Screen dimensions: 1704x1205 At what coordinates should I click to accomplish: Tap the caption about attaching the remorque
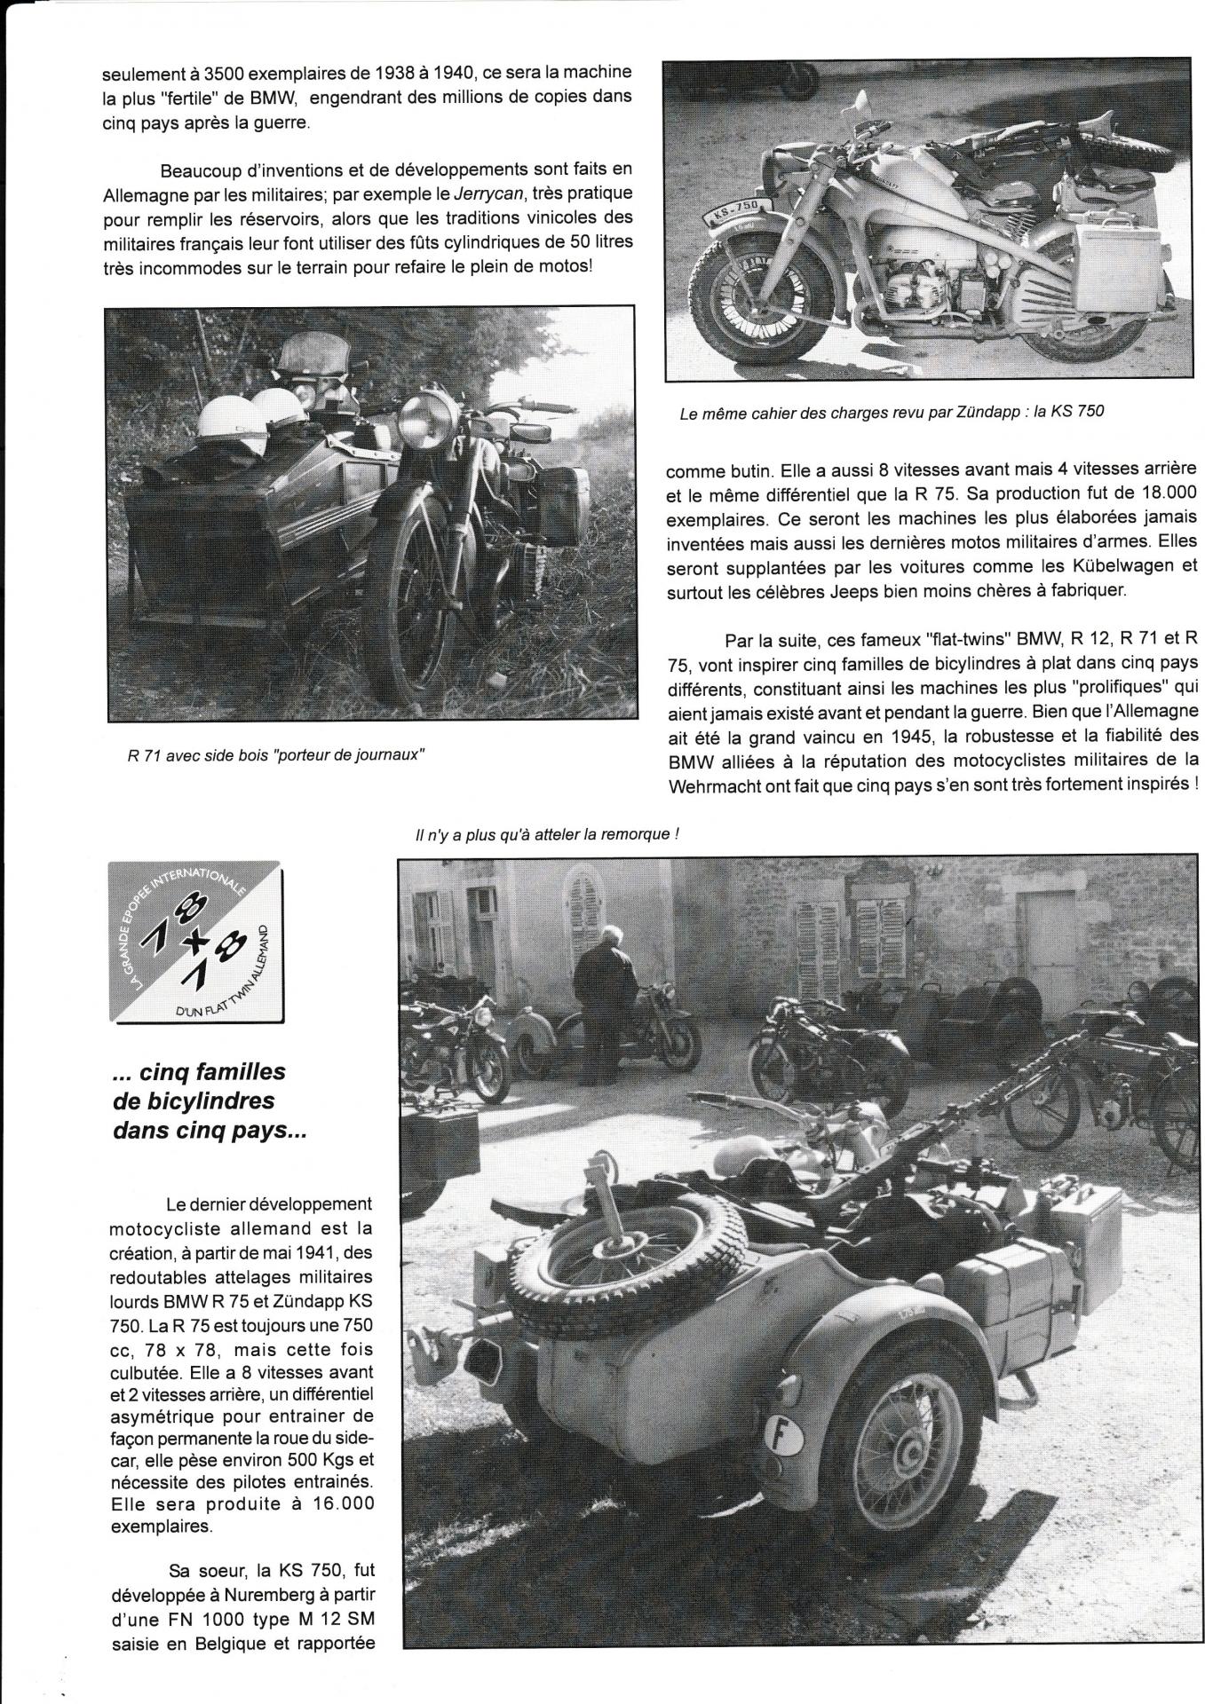547,834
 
